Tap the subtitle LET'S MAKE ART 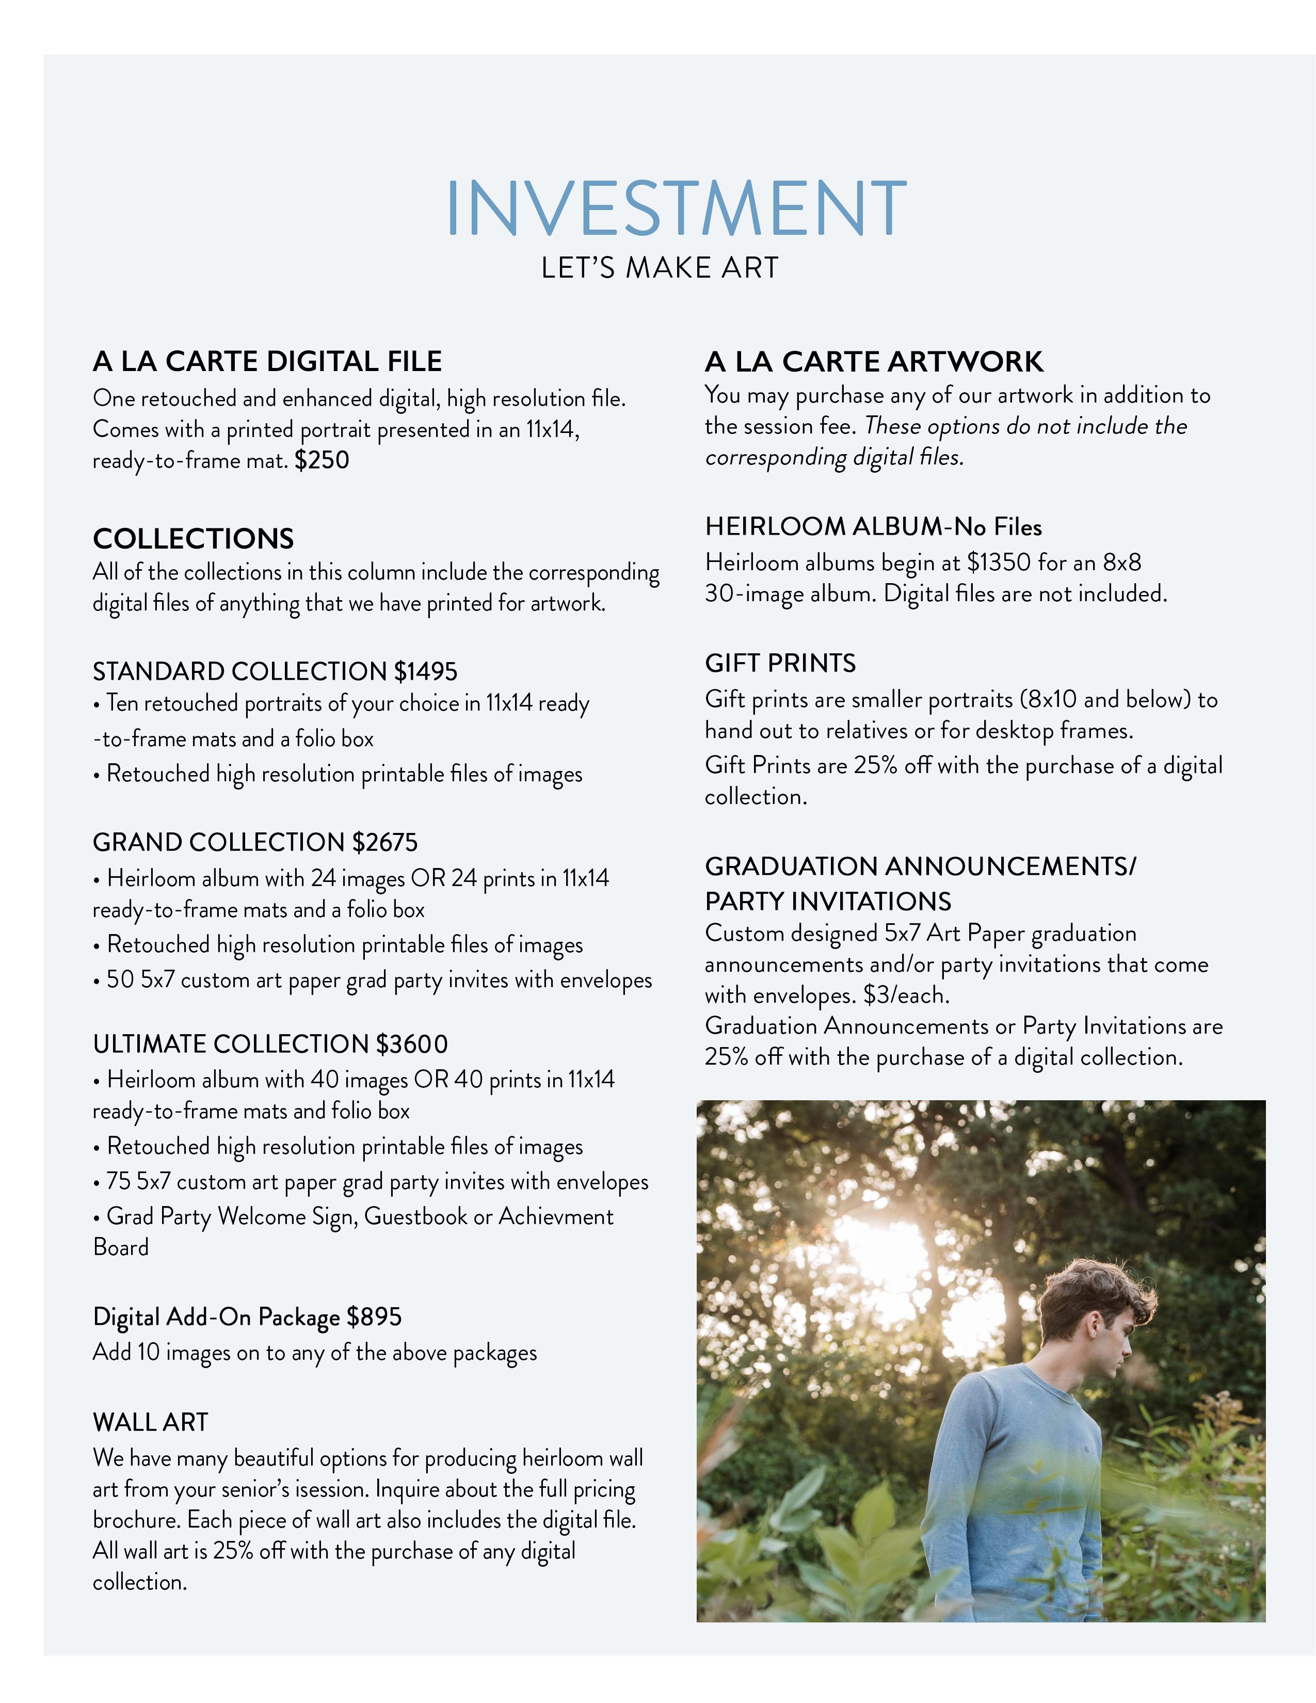point(660,268)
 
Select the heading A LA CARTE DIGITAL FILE point(267,362)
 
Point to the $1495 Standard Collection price point(426,671)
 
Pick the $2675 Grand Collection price point(384,843)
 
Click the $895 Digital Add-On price point(374,1317)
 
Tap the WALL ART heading point(151,1422)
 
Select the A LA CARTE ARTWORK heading point(873,362)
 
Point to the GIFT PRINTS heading point(780,664)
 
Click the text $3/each point(907,996)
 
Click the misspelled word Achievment point(556,1216)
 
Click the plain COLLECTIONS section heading point(194,539)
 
